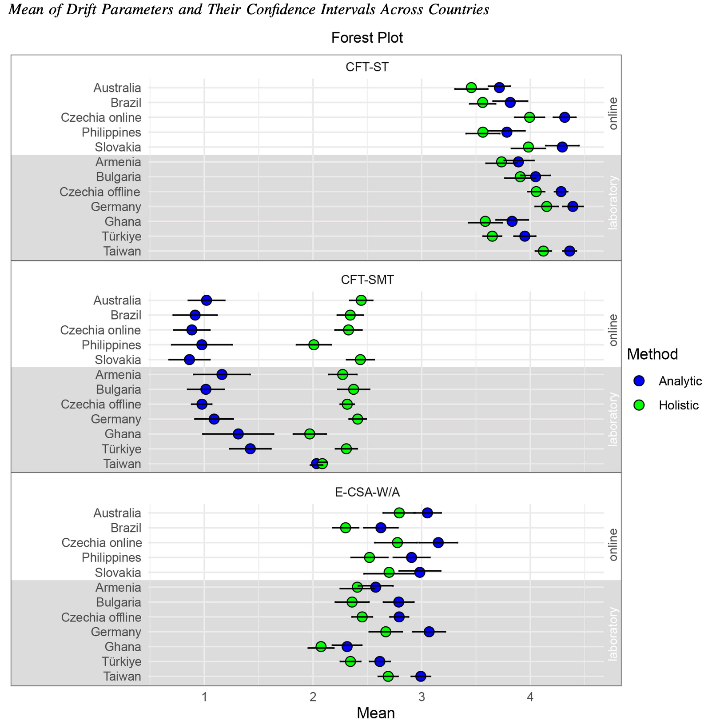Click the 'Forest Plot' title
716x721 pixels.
367,38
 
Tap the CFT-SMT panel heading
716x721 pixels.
367,280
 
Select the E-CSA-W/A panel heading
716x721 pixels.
367,492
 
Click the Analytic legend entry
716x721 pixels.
680,381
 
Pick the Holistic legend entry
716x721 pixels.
679,405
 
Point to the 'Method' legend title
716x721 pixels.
652,354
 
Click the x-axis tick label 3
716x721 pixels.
422,695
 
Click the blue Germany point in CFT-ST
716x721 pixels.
573,206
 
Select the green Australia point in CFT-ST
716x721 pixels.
471,88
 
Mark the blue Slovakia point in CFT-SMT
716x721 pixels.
189,360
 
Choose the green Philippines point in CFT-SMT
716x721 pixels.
314,344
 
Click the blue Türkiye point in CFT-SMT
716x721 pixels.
250,449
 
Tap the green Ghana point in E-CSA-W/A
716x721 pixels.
321,646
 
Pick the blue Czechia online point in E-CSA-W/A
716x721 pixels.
438,542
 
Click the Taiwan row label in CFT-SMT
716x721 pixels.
122,464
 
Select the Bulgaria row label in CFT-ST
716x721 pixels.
119,177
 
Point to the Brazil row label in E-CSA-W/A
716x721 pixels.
126,528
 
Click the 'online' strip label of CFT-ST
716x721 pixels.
613,113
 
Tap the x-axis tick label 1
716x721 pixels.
204,695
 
